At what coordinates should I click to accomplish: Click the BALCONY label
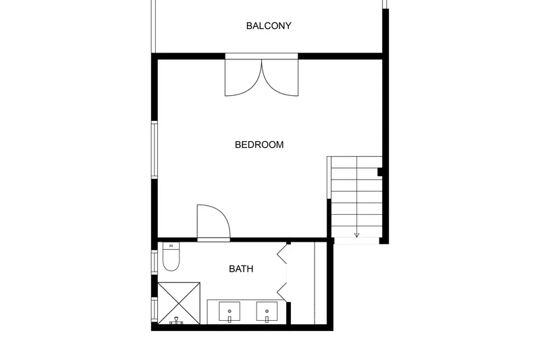(269, 26)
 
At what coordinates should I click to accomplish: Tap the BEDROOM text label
(259, 145)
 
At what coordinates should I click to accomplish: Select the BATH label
(241, 269)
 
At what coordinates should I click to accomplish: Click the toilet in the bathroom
(171, 257)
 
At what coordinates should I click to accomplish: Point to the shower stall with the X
(179, 303)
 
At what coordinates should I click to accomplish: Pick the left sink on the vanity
(230, 311)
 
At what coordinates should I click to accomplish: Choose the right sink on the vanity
(267, 311)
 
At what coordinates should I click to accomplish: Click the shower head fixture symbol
(176, 321)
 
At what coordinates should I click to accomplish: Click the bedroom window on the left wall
(155, 150)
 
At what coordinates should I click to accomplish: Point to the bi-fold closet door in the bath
(282, 272)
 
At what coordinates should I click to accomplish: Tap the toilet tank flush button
(171, 246)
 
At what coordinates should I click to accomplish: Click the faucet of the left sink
(230, 316)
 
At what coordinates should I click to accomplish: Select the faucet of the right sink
(267, 316)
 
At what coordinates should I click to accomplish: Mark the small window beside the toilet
(155, 263)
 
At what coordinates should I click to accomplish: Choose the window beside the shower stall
(155, 309)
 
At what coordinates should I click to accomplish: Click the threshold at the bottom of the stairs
(357, 241)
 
